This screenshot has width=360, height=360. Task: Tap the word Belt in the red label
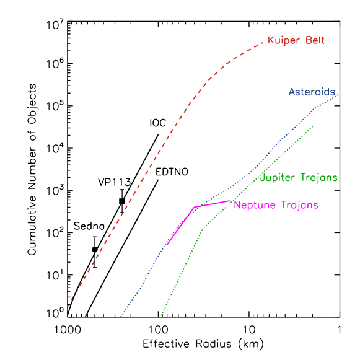point(314,41)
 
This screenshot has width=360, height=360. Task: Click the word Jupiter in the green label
point(278,178)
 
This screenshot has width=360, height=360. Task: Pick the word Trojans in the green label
point(318,178)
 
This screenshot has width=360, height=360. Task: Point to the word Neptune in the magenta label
point(255,206)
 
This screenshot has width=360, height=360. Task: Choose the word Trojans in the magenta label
point(299,206)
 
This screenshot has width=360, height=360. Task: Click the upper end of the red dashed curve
point(263,42)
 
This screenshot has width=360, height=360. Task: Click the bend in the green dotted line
point(203,229)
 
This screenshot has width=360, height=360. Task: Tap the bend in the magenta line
point(195,207)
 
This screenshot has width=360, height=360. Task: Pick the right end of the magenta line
point(230,201)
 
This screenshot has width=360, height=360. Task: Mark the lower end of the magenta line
point(167,245)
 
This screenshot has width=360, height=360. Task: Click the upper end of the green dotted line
point(312,126)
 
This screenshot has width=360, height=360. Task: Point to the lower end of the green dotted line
point(161,316)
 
